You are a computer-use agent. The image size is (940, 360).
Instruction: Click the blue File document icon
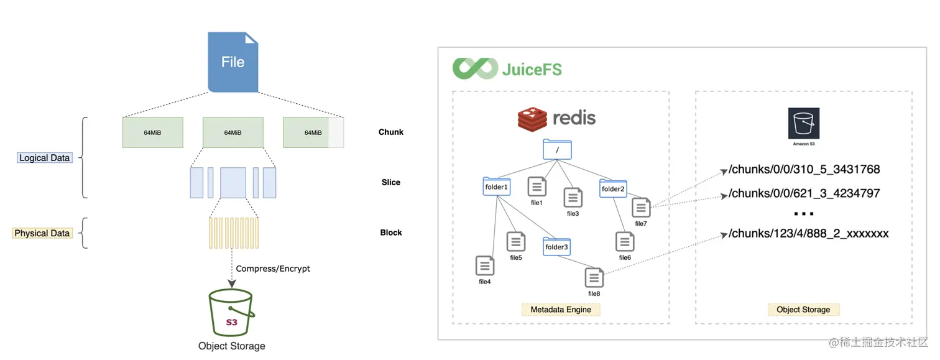[x=233, y=62]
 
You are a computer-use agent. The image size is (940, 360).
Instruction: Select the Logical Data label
[x=44, y=158]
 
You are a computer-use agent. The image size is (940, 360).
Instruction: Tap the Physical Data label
[x=42, y=233]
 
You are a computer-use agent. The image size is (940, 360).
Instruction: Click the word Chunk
[x=391, y=132]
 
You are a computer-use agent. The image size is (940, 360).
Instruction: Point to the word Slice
[x=391, y=182]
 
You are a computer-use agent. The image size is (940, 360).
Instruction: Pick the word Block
[x=391, y=233]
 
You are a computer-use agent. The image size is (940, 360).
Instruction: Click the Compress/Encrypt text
[x=273, y=269]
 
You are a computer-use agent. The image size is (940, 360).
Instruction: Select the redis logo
[x=556, y=118]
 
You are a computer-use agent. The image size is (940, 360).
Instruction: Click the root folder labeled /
[x=556, y=150]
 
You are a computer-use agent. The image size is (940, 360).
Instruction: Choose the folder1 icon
[x=496, y=187]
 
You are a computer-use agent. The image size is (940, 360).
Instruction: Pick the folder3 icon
[x=556, y=247]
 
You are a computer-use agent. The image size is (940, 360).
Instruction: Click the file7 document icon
[x=641, y=208]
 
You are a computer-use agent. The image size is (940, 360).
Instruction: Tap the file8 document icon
[x=594, y=277]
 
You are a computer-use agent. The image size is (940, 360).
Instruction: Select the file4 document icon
[x=484, y=265]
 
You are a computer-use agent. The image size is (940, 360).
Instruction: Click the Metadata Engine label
[x=561, y=309]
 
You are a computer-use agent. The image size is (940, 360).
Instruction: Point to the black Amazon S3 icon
[x=803, y=124]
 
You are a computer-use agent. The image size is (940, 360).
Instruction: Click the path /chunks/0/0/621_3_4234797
[x=804, y=193]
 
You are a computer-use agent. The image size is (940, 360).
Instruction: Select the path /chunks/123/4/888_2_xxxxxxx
[x=808, y=234]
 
